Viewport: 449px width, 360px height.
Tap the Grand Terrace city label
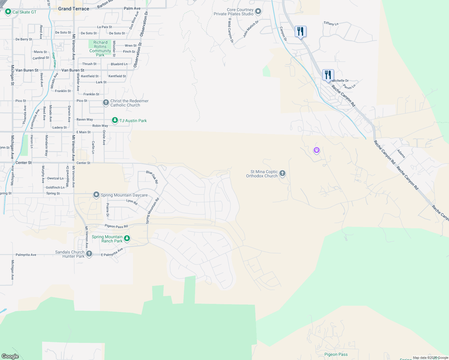74,9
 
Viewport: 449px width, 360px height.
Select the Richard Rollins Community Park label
100,49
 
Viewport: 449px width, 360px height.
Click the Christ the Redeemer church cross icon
106,103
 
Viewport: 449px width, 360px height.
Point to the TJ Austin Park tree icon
115,120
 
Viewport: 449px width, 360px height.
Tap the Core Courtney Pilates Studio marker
258,12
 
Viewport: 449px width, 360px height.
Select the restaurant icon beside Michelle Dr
328,75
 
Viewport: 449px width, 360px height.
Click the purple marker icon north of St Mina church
316,150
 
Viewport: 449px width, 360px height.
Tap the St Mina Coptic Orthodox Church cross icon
282,173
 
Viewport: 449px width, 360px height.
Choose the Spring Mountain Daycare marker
96,195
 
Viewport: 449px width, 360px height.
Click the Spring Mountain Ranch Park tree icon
127,238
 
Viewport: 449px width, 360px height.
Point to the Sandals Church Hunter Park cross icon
89,254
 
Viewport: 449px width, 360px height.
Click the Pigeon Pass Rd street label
116,226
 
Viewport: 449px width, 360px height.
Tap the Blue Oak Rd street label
152,177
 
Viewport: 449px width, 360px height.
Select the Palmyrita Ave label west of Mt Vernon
26,255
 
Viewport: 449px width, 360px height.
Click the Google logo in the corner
10,356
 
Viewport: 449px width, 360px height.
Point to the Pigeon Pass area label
336,354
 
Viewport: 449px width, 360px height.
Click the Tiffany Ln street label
331,23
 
